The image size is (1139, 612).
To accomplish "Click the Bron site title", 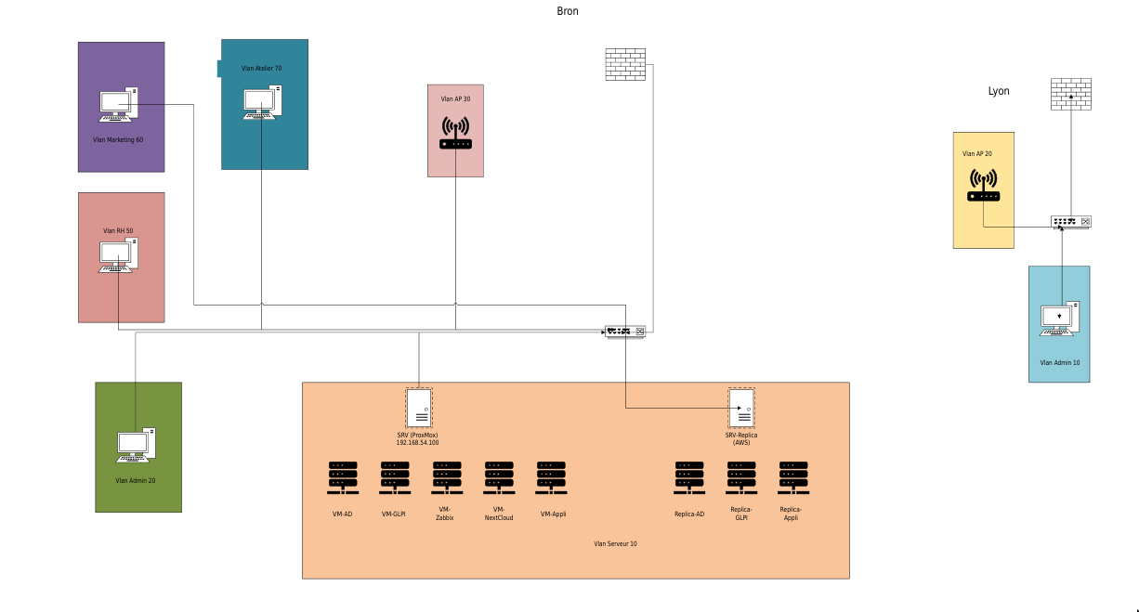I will [x=567, y=11].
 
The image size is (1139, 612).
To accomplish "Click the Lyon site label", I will [x=998, y=91].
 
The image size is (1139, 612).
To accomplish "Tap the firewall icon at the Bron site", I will [x=624, y=64].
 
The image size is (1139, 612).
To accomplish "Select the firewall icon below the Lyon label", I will [x=1070, y=95].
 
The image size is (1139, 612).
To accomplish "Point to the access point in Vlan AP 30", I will [x=455, y=133].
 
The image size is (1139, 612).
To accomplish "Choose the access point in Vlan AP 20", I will [x=984, y=185].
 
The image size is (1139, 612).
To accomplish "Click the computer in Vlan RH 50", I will [x=119, y=256].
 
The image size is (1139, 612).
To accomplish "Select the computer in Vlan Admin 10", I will [x=1060, y=319].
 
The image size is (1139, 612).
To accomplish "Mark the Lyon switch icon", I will [x=1070, y=222].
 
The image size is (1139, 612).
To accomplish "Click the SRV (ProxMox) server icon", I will [x=419, y=408].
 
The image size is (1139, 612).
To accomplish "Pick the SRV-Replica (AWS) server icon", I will [x=740, y=408].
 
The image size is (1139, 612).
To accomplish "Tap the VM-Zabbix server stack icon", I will [x=446, y=478].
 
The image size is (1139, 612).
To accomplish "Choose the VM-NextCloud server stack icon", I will [x=499, y=478].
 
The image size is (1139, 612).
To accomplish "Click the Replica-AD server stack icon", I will [x=688, y=478].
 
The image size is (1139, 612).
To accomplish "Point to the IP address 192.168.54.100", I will [x=417, y=443].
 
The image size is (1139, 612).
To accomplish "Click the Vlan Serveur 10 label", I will [x=615, y=544].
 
